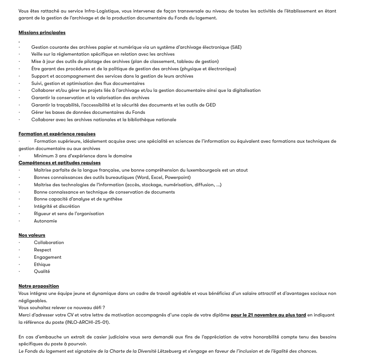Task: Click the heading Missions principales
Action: point(42,32)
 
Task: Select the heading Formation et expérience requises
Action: point(57,134)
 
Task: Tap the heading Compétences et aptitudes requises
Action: point(60,163)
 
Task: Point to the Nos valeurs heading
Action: point(32,235)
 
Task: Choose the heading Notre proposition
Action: point(39,286)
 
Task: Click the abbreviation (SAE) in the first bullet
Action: point(236,47)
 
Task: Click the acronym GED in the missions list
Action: point(211,105)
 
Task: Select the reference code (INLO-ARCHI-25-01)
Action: point(88,322)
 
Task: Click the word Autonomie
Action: point(45,221)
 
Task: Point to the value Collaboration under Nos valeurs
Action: point(49,242)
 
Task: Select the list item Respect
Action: point(42,250)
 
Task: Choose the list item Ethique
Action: point(42,264)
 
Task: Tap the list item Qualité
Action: point(42,271)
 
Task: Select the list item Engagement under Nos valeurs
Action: point(47,257)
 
